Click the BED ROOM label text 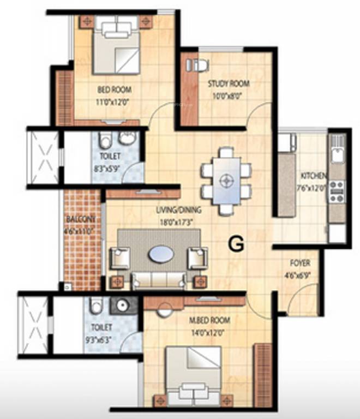click(x=114, y=89)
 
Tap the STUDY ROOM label click(x=228, y=83)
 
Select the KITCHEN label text click(x=314, y=176)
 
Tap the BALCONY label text click(x=81, y=219)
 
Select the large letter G click(x=236, y=245)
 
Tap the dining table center click(x=226, y=179)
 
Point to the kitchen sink click(x=337, y=148)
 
